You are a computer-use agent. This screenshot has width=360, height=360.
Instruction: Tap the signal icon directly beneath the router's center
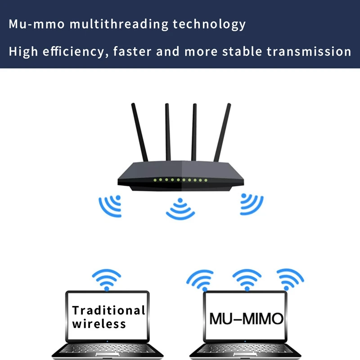[180, 209]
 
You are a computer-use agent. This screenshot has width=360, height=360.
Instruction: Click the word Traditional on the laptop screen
[108, 310]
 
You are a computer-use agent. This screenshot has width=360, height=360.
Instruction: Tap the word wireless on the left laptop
[99, 323]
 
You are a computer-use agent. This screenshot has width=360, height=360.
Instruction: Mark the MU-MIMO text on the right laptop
[246, 319]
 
